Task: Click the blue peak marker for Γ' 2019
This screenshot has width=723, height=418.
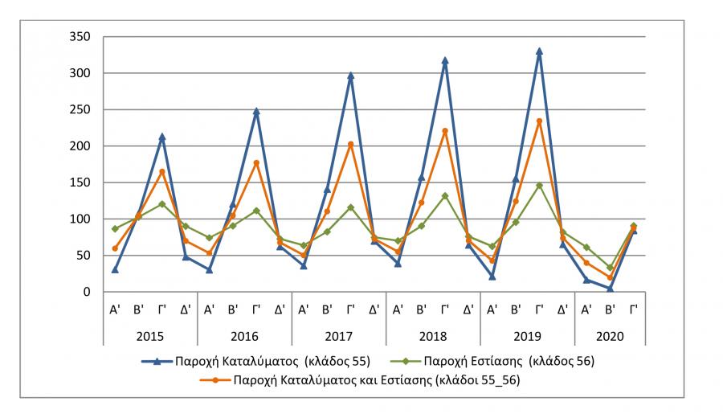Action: [539, 51]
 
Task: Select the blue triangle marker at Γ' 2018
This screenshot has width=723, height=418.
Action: [445, 61]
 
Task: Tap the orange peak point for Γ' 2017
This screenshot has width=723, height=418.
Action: [350, 145]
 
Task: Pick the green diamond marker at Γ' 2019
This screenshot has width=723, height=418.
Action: [539, 186]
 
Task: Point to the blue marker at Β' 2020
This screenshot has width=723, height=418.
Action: [610, 288]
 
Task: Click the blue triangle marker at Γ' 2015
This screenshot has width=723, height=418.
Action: [161, 137]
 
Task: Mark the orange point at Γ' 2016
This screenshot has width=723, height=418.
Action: [256, 163]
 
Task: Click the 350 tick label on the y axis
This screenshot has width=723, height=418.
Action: [79, 37]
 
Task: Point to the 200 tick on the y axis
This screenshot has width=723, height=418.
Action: [79, 146]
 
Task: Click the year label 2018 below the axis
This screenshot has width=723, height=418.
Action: [433, 334]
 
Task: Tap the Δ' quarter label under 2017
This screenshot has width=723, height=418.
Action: [374, 309]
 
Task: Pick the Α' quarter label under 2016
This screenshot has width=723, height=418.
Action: [209, 309]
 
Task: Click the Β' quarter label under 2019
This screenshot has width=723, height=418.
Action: [516, 309]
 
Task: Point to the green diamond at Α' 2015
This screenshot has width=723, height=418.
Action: [115, 229]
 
